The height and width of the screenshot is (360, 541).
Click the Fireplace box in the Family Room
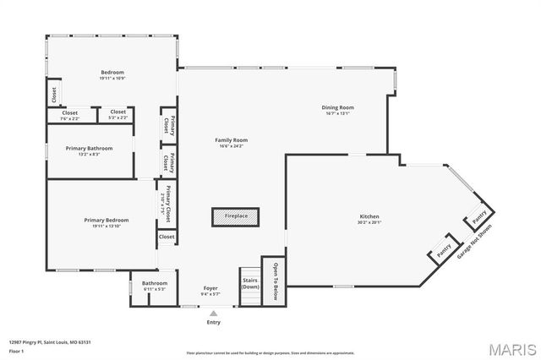[x=236, y=217]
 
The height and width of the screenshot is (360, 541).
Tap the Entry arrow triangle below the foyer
[x=213, y=313]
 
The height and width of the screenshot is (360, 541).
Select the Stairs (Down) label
[x=250, y=283]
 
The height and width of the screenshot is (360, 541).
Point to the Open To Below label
[x=275, y=281]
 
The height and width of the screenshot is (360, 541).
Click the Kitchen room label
[x=369, y=217]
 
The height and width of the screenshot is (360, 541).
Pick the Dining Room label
[x=337, y=107]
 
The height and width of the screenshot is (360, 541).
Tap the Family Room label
[x=230, y=140]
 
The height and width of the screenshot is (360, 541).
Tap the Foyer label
[x=210, y=288]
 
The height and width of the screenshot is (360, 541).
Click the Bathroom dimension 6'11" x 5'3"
[x=154, y=289]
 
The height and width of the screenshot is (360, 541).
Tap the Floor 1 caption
[x=17, y=350]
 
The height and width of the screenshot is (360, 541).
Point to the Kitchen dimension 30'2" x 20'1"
[x=369, y=223]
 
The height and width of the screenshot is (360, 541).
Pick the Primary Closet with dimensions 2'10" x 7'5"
[x=167, y=203]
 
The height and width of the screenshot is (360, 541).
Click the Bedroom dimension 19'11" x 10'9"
[x=112, y=79]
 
